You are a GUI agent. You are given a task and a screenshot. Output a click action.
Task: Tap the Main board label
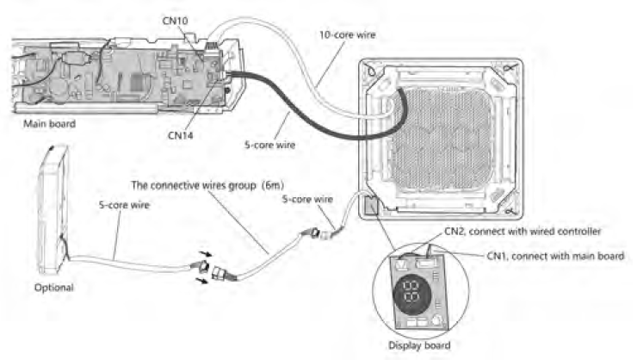pyautogui.click(x=50, y=123)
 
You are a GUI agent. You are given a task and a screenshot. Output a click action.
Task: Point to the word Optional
pyautogui.click(x=53, y=288)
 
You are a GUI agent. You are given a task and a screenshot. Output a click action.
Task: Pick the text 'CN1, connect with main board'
pyautogui.click(x=553, y=255)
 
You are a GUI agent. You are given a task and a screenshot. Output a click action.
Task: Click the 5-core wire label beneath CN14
pyautogui.click(x=269, y=146)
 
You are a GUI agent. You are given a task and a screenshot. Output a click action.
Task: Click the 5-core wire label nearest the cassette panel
pyautogui.click(x=308, y=199)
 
